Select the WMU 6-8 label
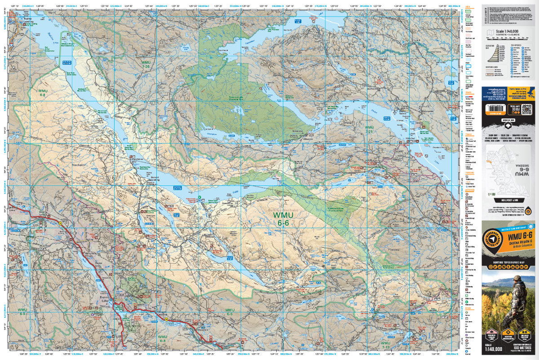click(43, 93)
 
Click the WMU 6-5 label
click(230, 312)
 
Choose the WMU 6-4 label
click(163, 338)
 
